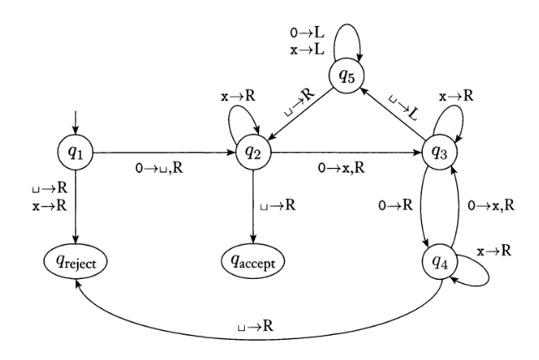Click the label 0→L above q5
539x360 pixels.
(306, 33)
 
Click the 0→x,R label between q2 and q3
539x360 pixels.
(343, 167)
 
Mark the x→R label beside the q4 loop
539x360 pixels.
(493, 251)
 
